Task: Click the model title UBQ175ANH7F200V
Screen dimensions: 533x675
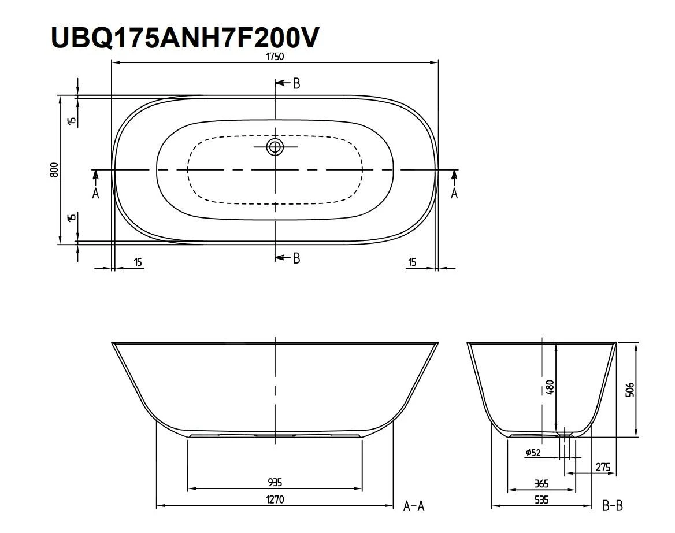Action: [x=184, y=37]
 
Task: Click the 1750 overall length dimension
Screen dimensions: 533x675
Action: [x=275, y=57]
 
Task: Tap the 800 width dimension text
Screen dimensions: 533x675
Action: [x=53, y=169]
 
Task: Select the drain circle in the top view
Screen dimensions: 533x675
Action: [x=275, y=147]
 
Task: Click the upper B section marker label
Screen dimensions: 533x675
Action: [x=296, y=84]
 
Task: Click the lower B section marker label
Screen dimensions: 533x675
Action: [x=296, y=258]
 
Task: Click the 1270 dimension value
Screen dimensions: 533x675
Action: [x=275, y=499]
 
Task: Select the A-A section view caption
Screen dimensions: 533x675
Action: [x=414, y=506]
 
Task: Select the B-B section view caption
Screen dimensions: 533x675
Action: [x=612, y=506]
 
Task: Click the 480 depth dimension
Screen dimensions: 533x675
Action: [x=550, y=387]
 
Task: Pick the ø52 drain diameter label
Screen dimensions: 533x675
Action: [x=533, y=453]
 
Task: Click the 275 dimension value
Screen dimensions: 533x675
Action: [x=603, y=467]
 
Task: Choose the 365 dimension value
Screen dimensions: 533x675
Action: [x=541, y=483]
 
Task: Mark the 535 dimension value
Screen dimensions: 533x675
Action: [x=541, y=499]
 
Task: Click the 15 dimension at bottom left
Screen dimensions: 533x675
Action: [x=138, y=262]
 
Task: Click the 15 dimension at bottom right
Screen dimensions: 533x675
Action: [x=411, y=262]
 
